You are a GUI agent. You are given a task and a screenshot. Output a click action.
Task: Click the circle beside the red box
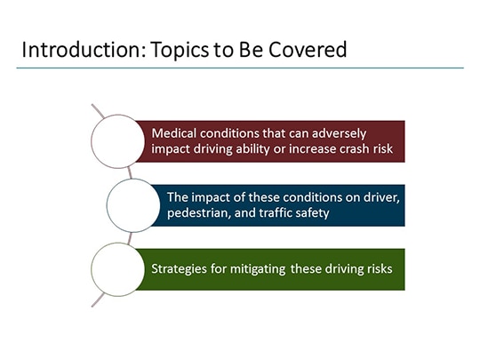[x=118, y=140]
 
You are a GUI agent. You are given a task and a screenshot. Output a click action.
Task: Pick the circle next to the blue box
[x=132, y=205]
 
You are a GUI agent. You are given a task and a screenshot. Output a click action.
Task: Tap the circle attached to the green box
[x=118, y=268]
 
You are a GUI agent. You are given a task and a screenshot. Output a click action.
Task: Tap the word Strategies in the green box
[x=180, y=268]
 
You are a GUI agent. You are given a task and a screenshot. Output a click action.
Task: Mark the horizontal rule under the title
[x=240, y=68]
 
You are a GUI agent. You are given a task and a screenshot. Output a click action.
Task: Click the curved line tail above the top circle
[x=97, y=110]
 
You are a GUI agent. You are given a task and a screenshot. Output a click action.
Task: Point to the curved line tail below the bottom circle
[x=97, y=300]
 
